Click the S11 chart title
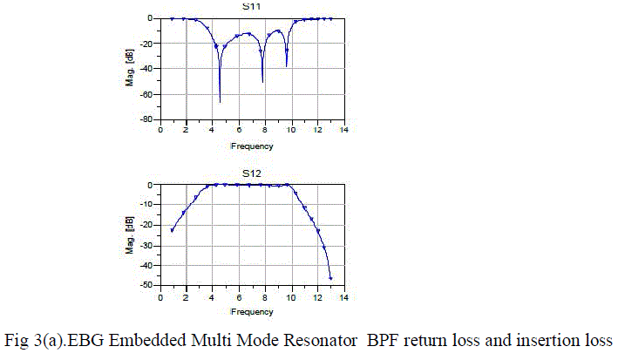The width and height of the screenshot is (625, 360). [251, 7]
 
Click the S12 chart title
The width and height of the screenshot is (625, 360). [251, 173]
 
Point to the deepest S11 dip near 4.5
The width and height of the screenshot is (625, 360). [220, 101]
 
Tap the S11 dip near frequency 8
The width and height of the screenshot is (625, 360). [262, 81]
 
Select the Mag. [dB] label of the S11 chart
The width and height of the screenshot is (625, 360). [129, 69]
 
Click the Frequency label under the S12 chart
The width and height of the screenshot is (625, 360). [251, 312]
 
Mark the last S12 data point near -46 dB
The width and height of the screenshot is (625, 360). [331, 278]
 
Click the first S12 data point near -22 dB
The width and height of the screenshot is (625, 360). [172, 230]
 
